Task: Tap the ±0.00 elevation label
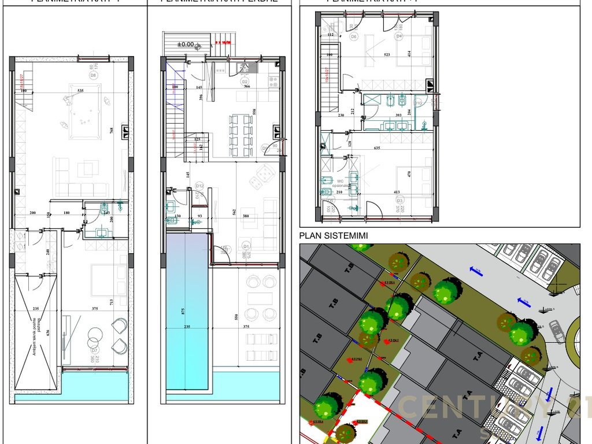[x=186, y=45]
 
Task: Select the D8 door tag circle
[x=92, y=75]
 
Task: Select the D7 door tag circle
[x=92, y=350]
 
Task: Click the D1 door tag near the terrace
[x=245, y=244]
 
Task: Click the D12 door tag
[x=199, y=186]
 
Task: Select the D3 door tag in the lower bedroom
[x=398, y=201]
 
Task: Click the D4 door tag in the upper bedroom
[x=399, y=36]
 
